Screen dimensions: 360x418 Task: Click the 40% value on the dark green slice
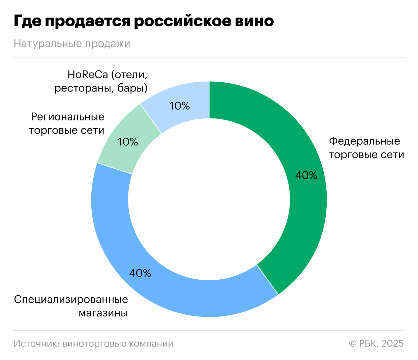(306, 175)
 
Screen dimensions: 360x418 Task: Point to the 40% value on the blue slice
(140, 273)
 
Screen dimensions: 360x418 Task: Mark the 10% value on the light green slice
(128, 142)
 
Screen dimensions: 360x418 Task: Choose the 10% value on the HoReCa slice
(180, 106)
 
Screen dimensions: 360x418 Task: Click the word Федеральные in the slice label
(364, 141)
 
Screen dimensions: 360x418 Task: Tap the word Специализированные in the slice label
(71, 300)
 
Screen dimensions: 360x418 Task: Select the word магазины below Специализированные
(103, 313)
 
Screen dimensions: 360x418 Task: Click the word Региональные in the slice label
(68, 117)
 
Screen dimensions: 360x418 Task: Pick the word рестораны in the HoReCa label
(84, 88)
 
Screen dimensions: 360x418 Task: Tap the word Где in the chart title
(28, 21)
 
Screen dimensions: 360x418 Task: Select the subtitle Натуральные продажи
(72, 44)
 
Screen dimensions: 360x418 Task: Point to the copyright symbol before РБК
(353, 343)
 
